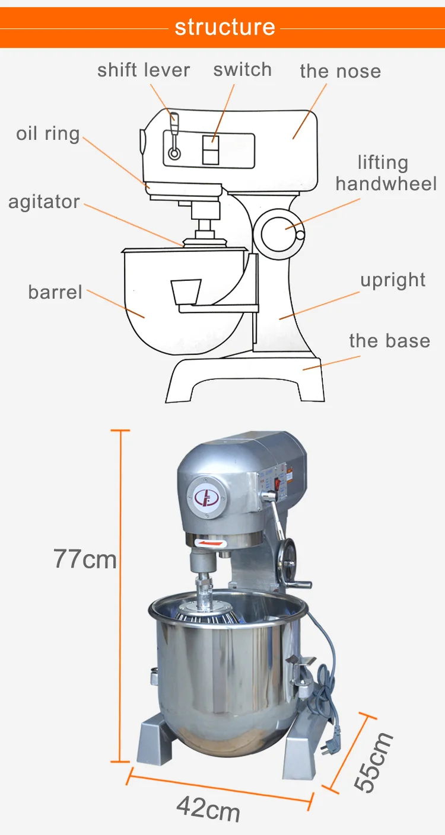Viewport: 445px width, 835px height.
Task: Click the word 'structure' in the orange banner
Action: coord(225,27)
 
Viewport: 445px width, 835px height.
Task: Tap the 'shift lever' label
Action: coord(144,70)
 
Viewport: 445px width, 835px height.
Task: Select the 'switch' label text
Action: coord(242,69)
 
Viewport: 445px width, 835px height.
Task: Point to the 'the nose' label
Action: coord(340,71)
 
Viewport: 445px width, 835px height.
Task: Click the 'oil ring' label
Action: coord(47,134)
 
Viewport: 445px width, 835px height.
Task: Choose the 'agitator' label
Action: coord(44,202)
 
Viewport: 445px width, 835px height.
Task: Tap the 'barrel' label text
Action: coord(55,292)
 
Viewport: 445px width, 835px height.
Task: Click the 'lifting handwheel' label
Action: coord(386,173)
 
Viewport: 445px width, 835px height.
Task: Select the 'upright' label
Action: coord(393,280)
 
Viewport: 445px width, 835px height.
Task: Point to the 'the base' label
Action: coord(389,341)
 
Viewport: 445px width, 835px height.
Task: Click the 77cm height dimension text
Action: coord(85,559)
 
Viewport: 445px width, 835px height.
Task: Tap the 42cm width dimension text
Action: coord(208,809)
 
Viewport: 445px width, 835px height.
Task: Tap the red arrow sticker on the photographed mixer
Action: coord(211,543)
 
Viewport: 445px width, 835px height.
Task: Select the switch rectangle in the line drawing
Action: coord(211,148)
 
